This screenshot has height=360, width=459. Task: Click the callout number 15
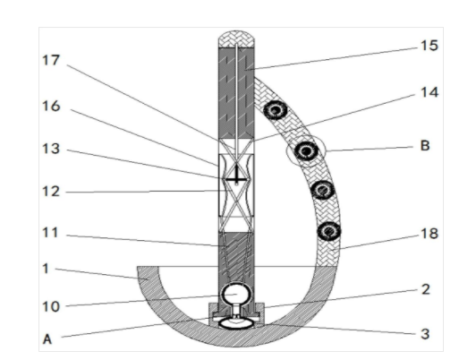[x=429, y=46]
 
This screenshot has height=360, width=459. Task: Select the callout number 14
[x=429, y=92]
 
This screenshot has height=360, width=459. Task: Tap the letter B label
[x=425, y=146]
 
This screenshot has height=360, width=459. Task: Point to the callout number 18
[x=429, y=234]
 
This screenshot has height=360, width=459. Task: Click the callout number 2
[x=426, y=289]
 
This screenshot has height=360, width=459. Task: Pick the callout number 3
[x=425, y=334]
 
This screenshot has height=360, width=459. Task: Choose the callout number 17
[x=51, y=60]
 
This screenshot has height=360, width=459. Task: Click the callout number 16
[x=51, y=107]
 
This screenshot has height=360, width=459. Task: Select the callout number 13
[x=51, y=149]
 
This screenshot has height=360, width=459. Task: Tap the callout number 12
[x=51, y=192]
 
